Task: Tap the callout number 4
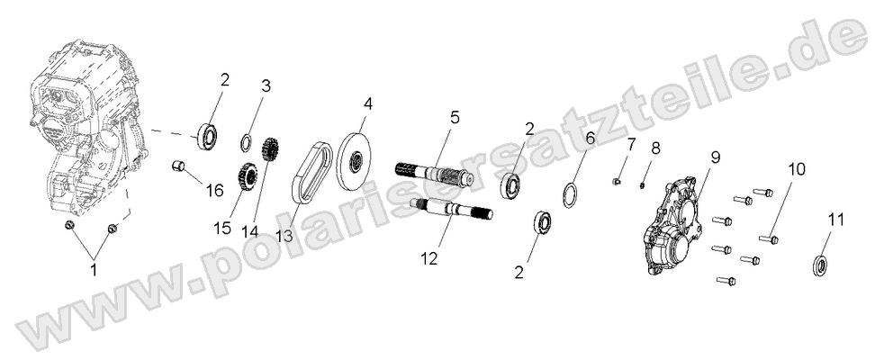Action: click(x=367, y=104)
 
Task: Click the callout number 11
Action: click(x=836, y=219)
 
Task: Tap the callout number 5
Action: click(x=455, y=117)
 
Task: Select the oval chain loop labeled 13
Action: click(x=309, y=172)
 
